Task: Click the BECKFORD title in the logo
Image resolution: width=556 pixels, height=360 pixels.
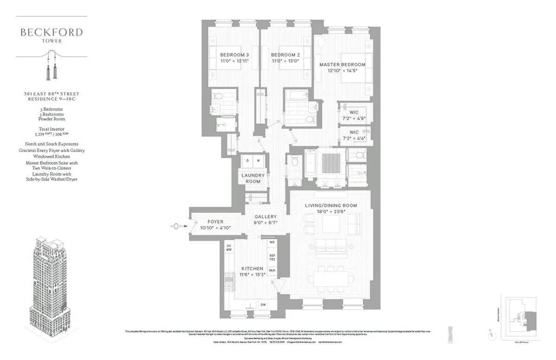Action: point(51,32)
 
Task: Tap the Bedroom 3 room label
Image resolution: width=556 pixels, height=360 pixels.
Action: point(234,55)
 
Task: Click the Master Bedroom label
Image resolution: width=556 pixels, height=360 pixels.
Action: point(342,64)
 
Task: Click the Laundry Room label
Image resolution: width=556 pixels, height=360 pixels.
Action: point(253,178)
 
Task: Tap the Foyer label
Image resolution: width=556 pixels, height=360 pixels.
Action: point(215,222)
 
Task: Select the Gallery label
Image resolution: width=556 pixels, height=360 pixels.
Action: point(265,217)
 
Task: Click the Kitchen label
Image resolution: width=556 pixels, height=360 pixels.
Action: point(252,269)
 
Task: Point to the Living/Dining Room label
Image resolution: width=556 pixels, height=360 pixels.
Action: point(331,205)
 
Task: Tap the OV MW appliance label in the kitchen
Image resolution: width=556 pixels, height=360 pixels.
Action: point(228,247)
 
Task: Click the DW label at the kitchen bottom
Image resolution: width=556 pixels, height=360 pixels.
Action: point(263,304)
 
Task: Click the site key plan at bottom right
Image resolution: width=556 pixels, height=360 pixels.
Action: point(520,320)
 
